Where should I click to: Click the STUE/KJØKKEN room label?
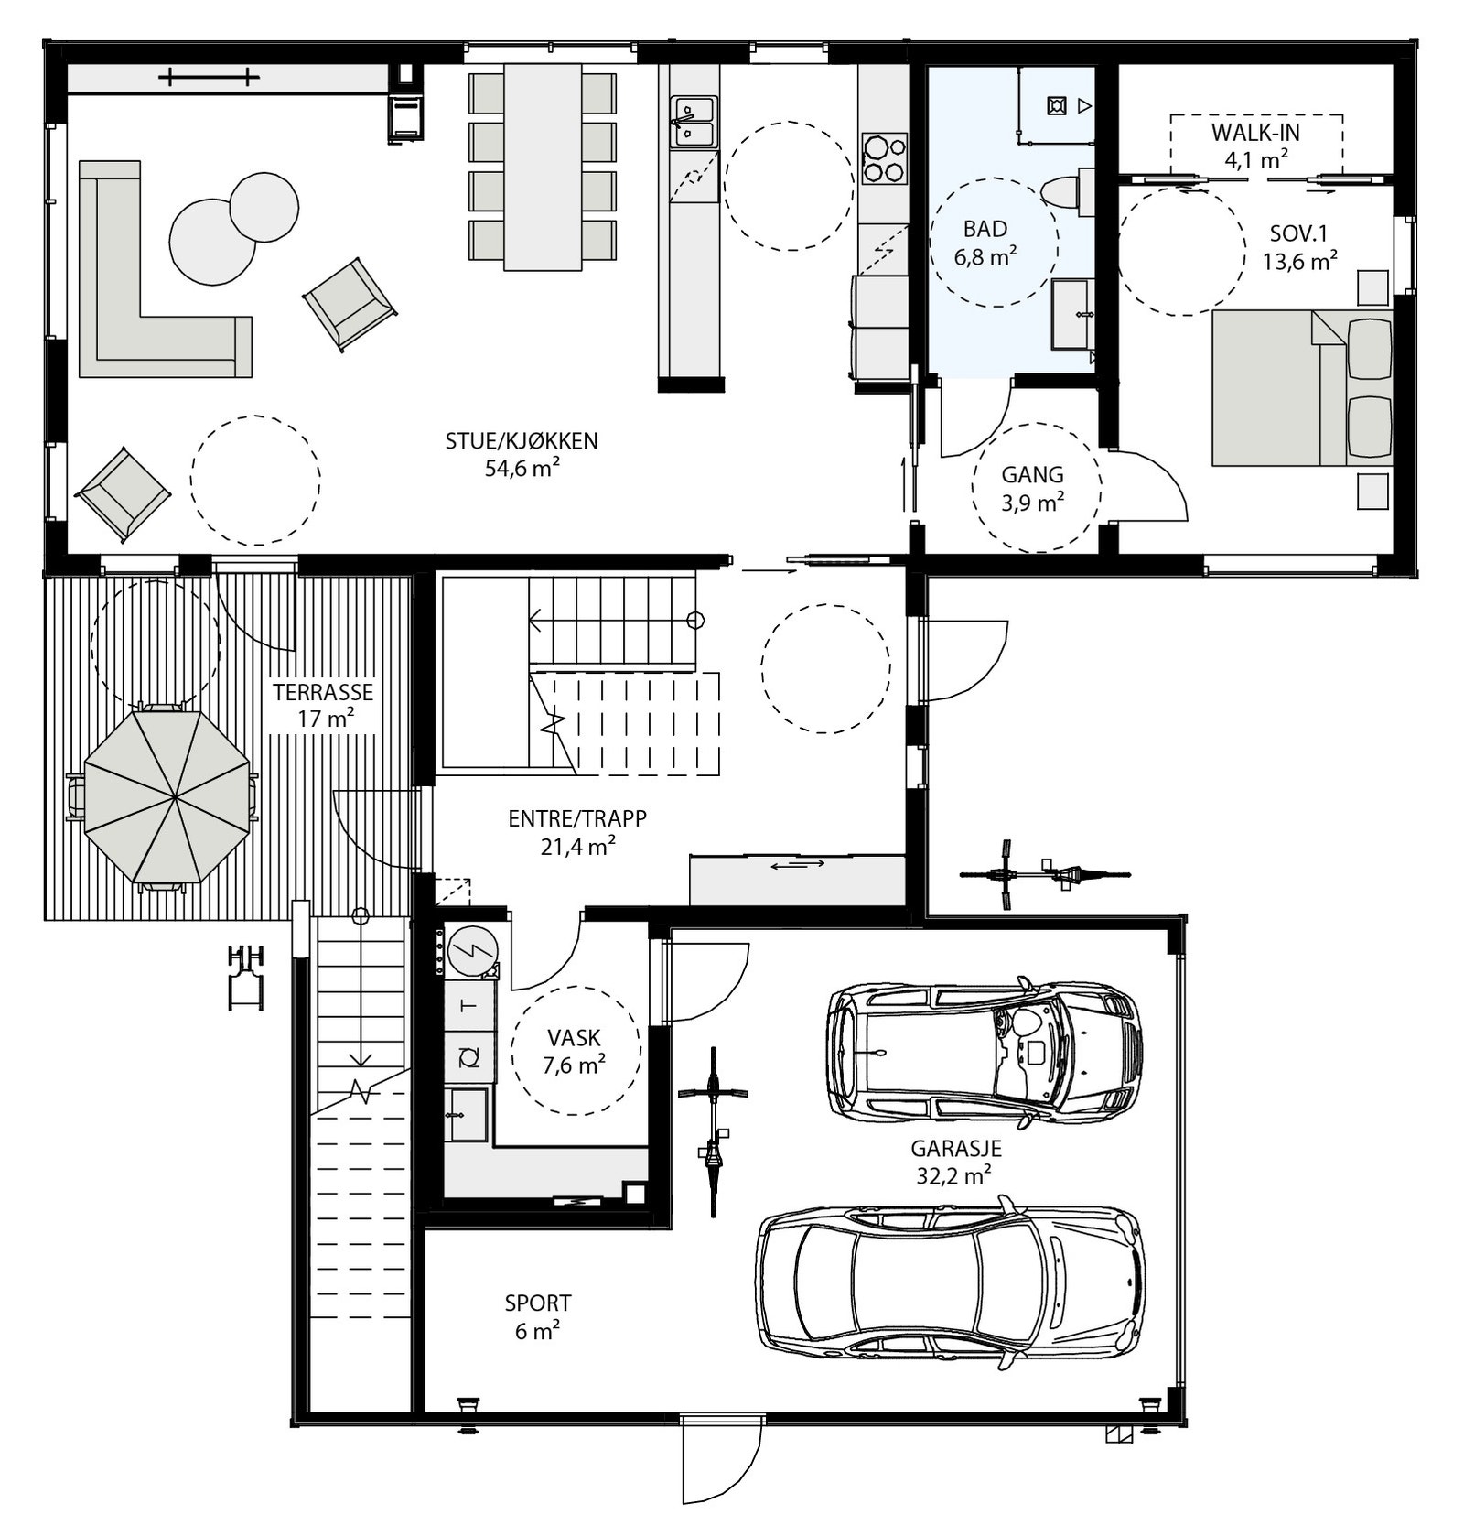(x=522, y=440)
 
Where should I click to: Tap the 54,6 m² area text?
(x=522, y=469)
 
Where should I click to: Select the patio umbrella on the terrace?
(x=167, y=796)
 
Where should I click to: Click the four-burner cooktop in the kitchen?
(x=884, y=159)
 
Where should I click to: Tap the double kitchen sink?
(x=694, y=122)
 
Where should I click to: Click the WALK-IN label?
(x=1255, y=133)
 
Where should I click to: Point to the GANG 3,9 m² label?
(x=1032, y=488)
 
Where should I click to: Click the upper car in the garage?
(x=984, y=1053)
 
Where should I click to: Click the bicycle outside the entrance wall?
(x=1043, y=875)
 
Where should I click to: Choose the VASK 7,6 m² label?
(x=574, y=1051)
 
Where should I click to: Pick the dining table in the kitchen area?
(x=543, y=167)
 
